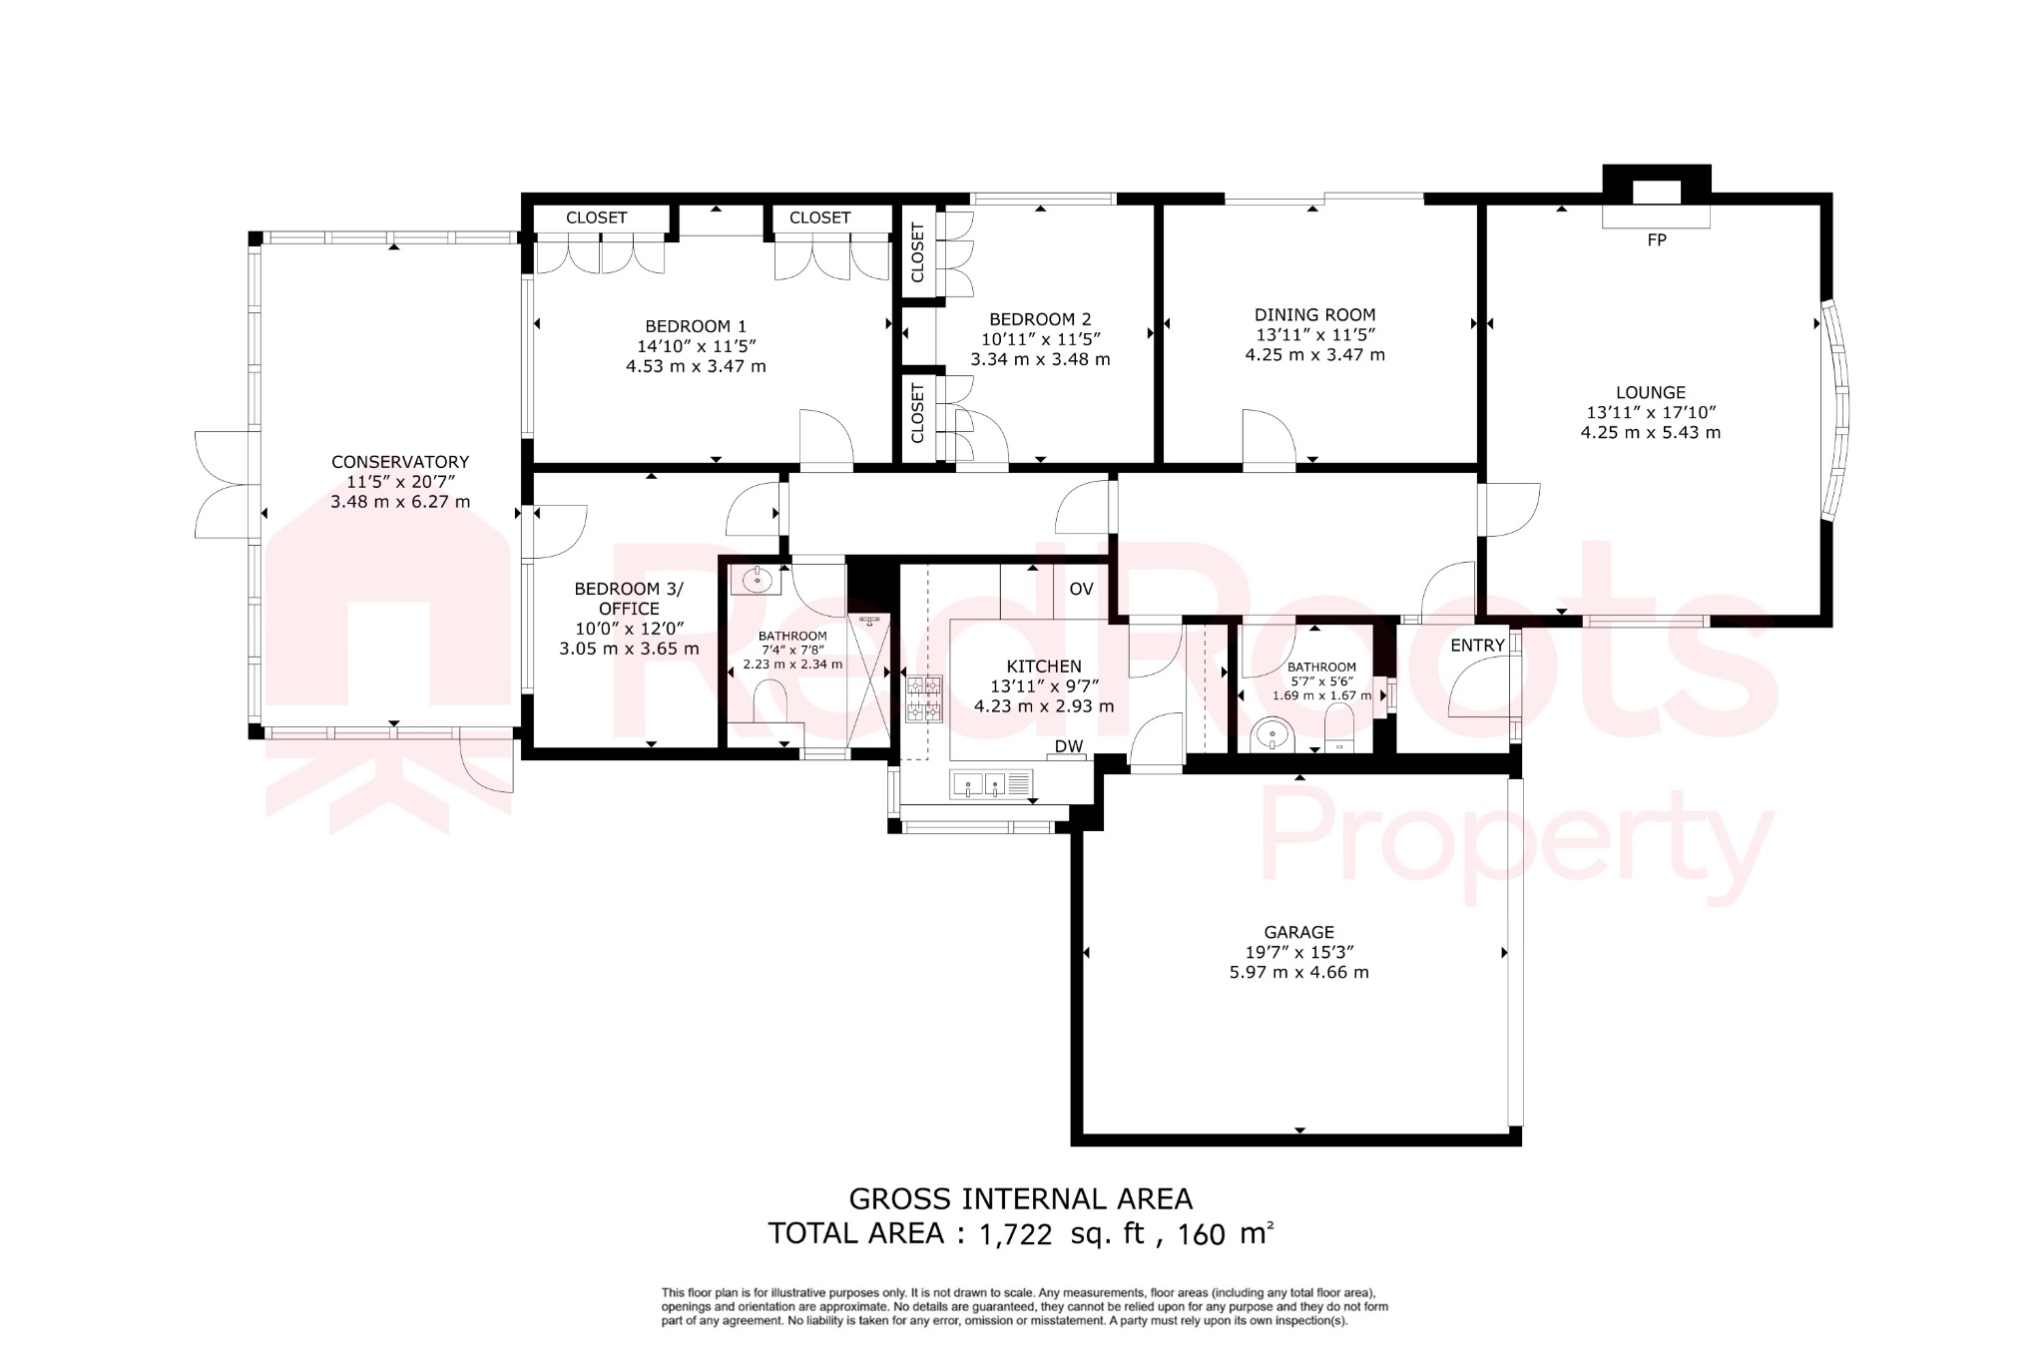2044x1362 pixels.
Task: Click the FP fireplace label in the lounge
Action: coord(1657,239)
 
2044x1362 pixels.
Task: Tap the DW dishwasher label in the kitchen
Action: coord(1069,745)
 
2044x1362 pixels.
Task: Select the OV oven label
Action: coord(1081,589)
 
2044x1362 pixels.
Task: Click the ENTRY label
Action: coord(1477,646)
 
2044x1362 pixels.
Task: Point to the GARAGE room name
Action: coord(1298,932)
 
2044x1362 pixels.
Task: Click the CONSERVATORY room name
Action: coord(400,462)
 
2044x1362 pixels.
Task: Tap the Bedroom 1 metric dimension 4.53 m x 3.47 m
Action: coord(696,366)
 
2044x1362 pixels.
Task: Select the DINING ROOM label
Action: coord(1314,314)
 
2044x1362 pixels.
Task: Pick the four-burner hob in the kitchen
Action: coord(924,698)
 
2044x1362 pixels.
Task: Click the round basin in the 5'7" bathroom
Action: coord(1272,736)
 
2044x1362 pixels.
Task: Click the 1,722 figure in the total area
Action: coord(1015,1235)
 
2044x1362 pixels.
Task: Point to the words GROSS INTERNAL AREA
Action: coord(1020,1198)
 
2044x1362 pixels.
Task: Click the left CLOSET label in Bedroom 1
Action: coord(596,218)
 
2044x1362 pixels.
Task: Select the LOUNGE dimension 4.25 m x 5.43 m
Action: coord(1651,432)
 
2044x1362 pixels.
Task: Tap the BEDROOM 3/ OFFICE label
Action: coord(629,599)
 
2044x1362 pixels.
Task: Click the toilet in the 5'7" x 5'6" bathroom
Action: coord(1338,728)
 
